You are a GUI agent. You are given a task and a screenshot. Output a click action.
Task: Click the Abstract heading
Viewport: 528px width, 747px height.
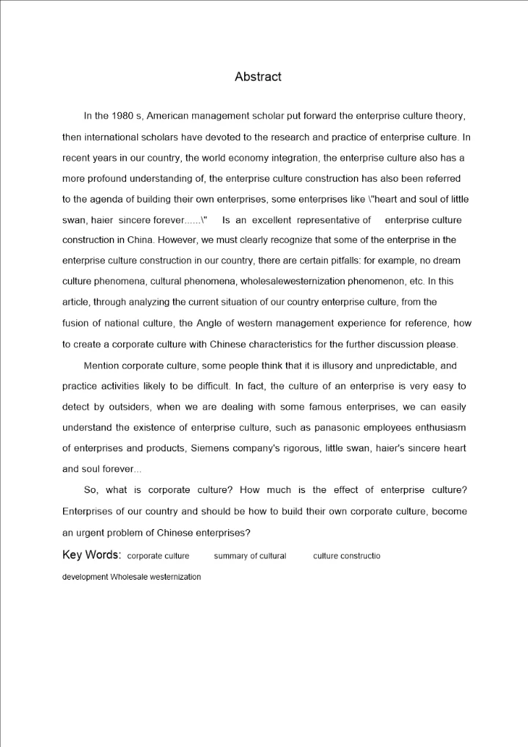click(257, 76)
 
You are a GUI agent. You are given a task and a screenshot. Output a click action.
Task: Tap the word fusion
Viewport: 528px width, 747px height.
click(77, 323)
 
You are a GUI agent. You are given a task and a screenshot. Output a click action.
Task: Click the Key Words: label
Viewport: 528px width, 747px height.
click(92, 555)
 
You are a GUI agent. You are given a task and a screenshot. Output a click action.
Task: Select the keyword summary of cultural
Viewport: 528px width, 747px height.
click(249, 556)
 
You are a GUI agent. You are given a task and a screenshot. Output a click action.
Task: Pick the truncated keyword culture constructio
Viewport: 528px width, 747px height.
click(346, 556)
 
